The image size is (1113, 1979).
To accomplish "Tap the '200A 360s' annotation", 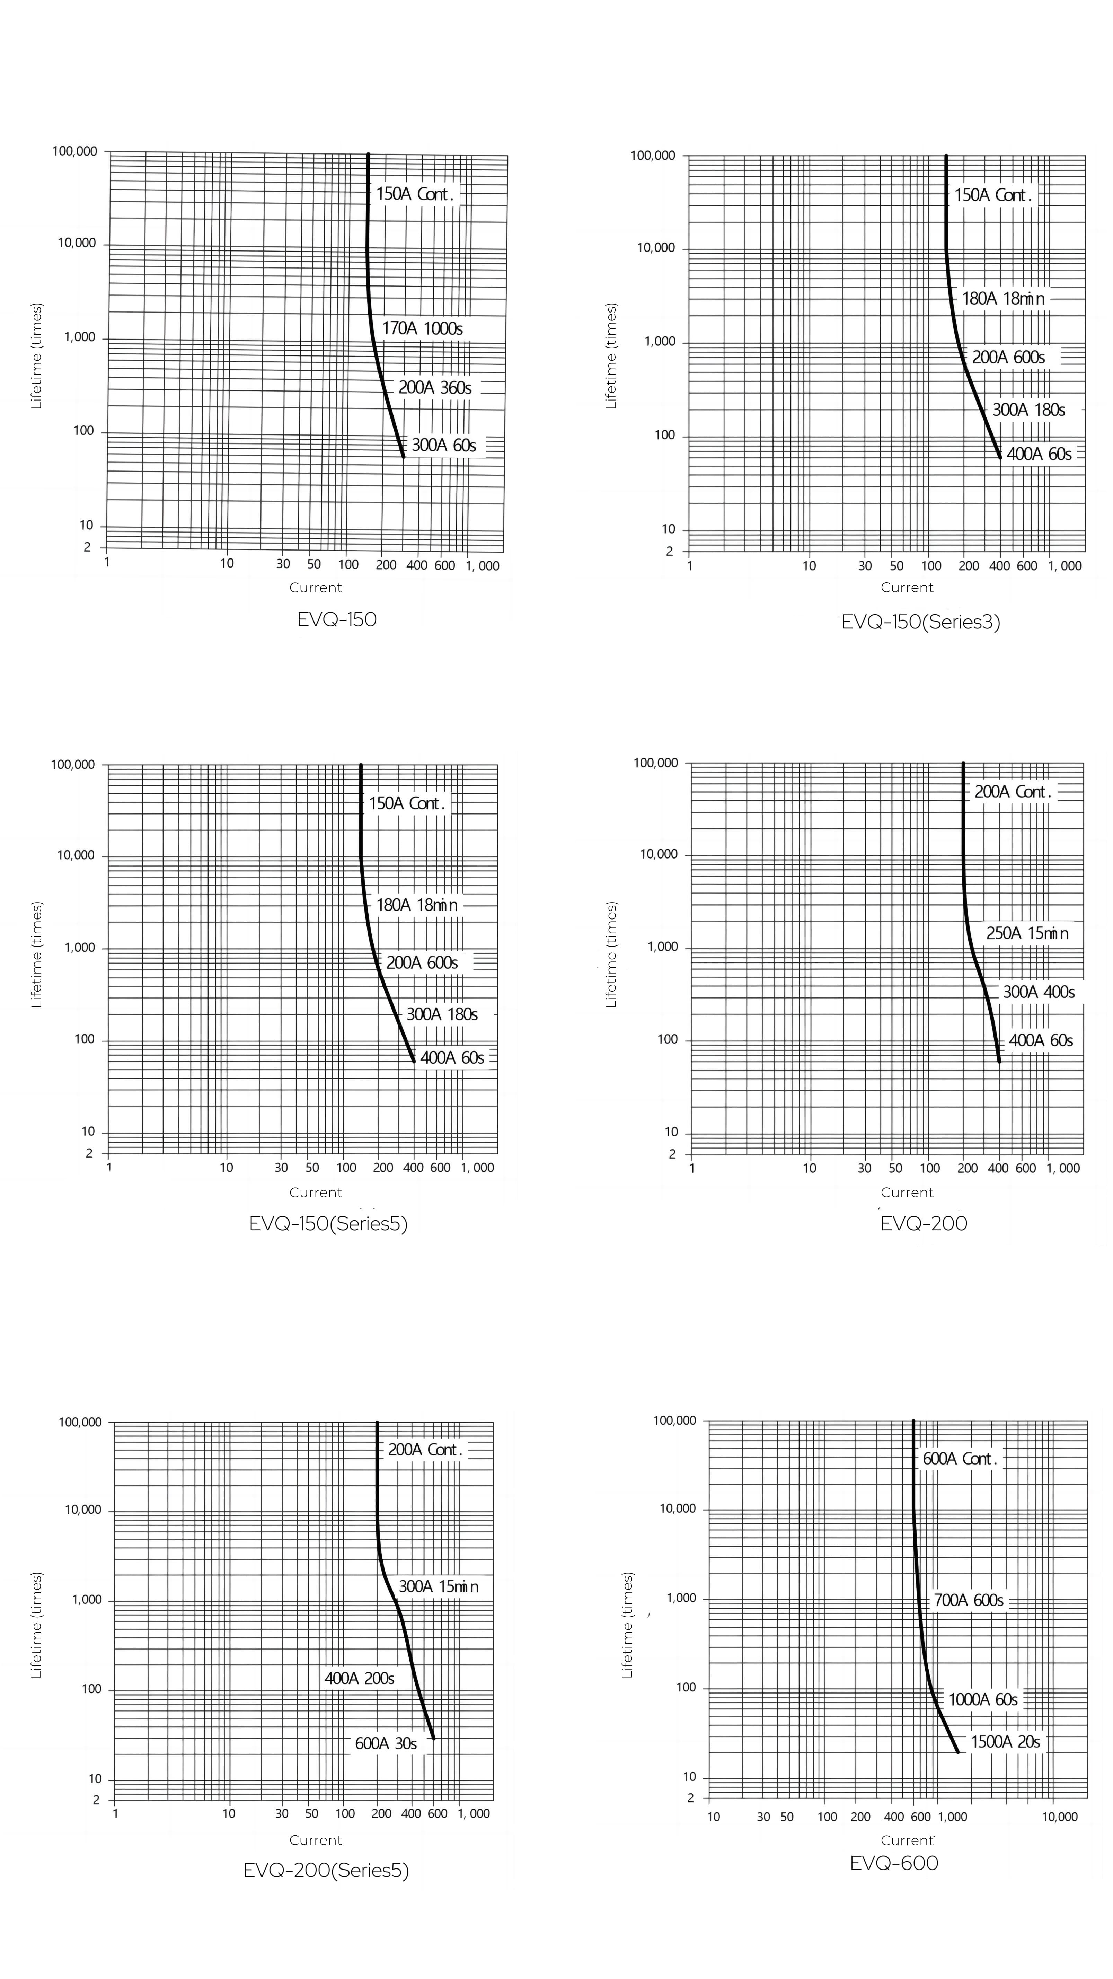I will pos(435,388).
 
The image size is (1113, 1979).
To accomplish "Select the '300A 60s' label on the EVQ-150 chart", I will pos(444,446).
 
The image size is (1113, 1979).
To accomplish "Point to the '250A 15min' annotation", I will pos(1027,933).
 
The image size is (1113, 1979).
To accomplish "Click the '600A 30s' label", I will pos(386,1744).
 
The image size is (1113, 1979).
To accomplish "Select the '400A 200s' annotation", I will pos(360,1679).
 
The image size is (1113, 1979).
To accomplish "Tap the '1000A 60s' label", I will pos(983,1699).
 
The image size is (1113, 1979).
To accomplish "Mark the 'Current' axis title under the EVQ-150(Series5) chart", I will pos(316,1192).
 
